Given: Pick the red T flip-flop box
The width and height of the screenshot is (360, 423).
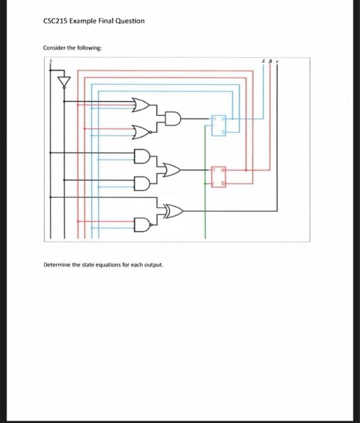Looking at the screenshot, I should click(x=219, y=175).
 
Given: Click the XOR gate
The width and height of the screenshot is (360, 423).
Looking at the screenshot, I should click(x=174, y=211).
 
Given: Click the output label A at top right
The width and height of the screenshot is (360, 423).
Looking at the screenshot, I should click(x=263, y=60).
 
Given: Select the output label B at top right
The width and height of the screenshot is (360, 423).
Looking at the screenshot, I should click(x=270, y=60).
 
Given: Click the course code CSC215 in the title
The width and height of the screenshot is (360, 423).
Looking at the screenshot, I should click(x=56, y=21).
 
